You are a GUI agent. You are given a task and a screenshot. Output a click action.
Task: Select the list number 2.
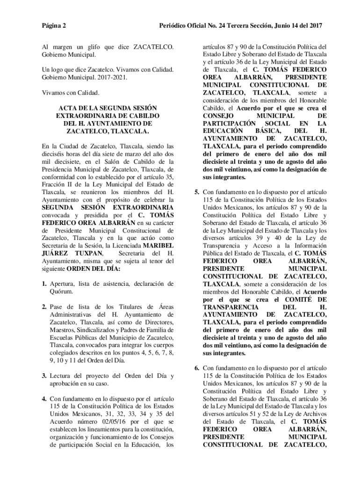(43, 307)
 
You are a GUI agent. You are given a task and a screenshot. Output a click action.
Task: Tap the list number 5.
(197, 192)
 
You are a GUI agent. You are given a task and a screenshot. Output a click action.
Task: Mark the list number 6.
(197, 368)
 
